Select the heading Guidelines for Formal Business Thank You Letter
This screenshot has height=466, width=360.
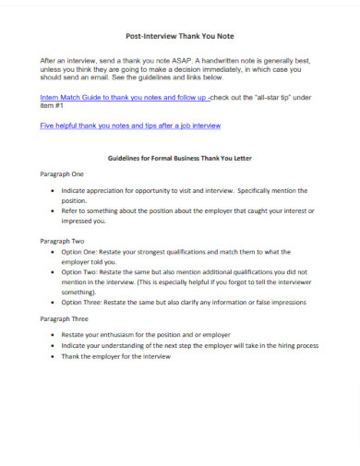coord(181,158)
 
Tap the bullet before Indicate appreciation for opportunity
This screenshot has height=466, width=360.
coord(52,190)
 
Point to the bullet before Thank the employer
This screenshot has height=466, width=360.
coord(52,355)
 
